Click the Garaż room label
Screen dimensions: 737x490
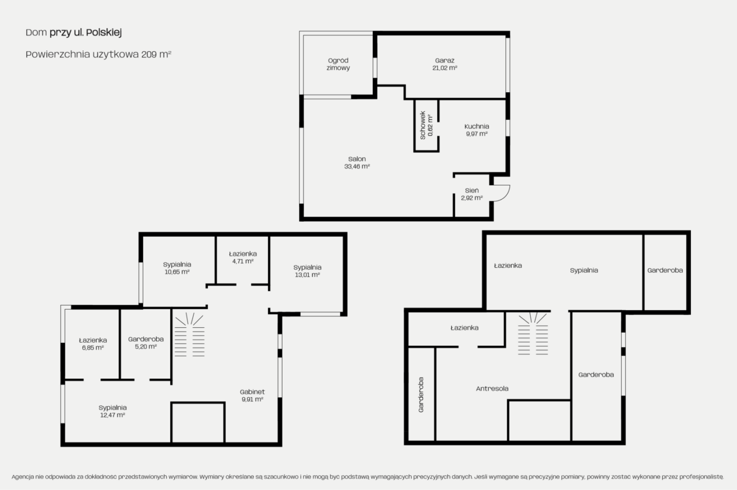click(x=444, y=60)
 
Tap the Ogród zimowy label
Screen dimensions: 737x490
click(x=338, y=64)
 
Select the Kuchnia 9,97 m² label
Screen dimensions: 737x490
click(x=476, y=130)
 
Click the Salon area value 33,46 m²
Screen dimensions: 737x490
click(x=357, y=166)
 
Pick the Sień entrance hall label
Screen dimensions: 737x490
click(x=471, y=190)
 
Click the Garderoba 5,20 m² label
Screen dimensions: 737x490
click(x=146, y=343)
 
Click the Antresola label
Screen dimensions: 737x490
click(x=492, y=389)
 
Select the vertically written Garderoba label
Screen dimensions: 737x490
click(x=421, y=395)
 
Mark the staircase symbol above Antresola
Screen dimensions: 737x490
click(x=533, y=333)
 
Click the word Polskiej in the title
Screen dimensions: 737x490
click(x=104, y=33)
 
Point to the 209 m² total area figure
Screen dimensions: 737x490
click(x=156, y=54)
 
